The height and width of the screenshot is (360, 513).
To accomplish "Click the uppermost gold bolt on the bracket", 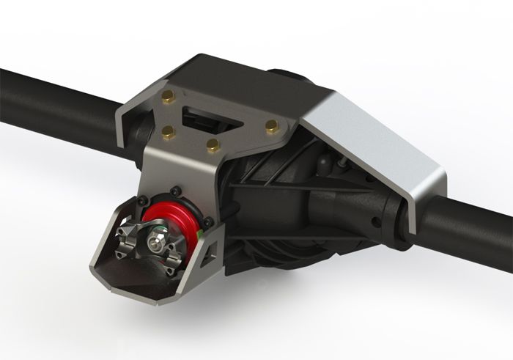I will [x=168, y=96].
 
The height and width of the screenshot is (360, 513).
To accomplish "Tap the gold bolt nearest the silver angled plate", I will [x=272, y=126].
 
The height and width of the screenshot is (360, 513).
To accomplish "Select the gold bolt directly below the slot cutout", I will [x=213, y=144].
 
